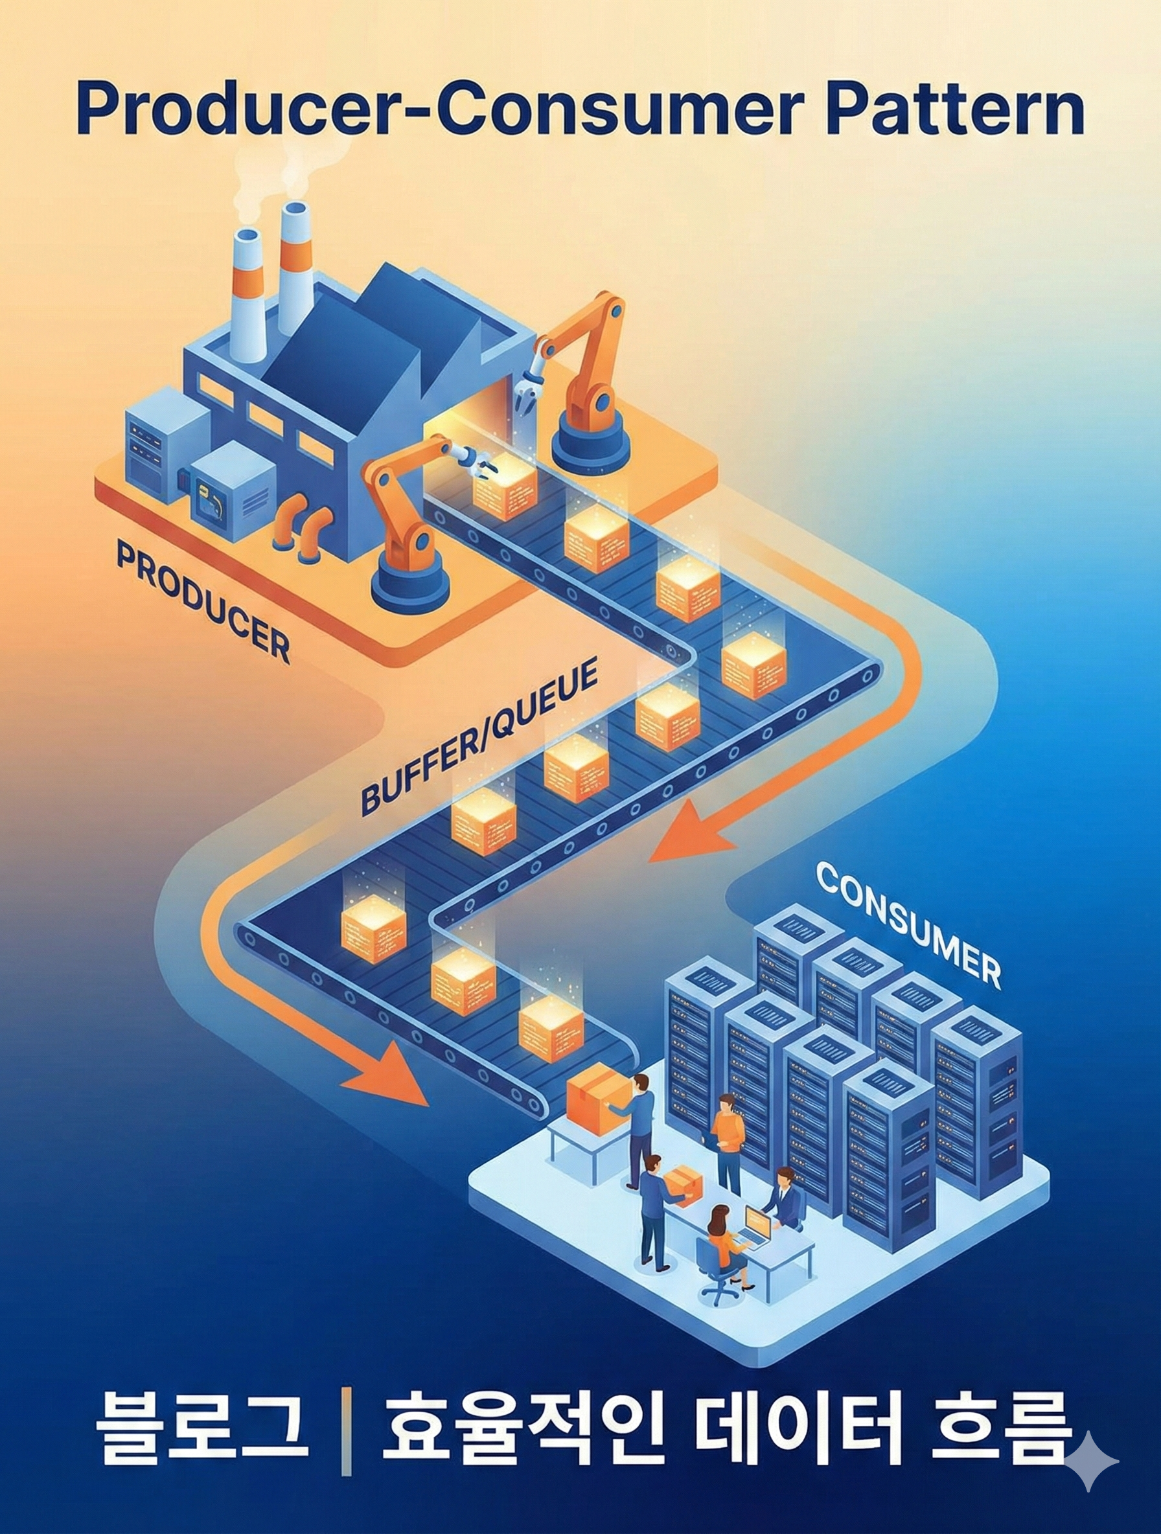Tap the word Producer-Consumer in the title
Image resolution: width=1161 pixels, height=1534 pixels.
pyautogui.click(x=439, y=111)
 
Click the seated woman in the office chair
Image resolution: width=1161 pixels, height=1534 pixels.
pyautogui.click(x=721, y=1241)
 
